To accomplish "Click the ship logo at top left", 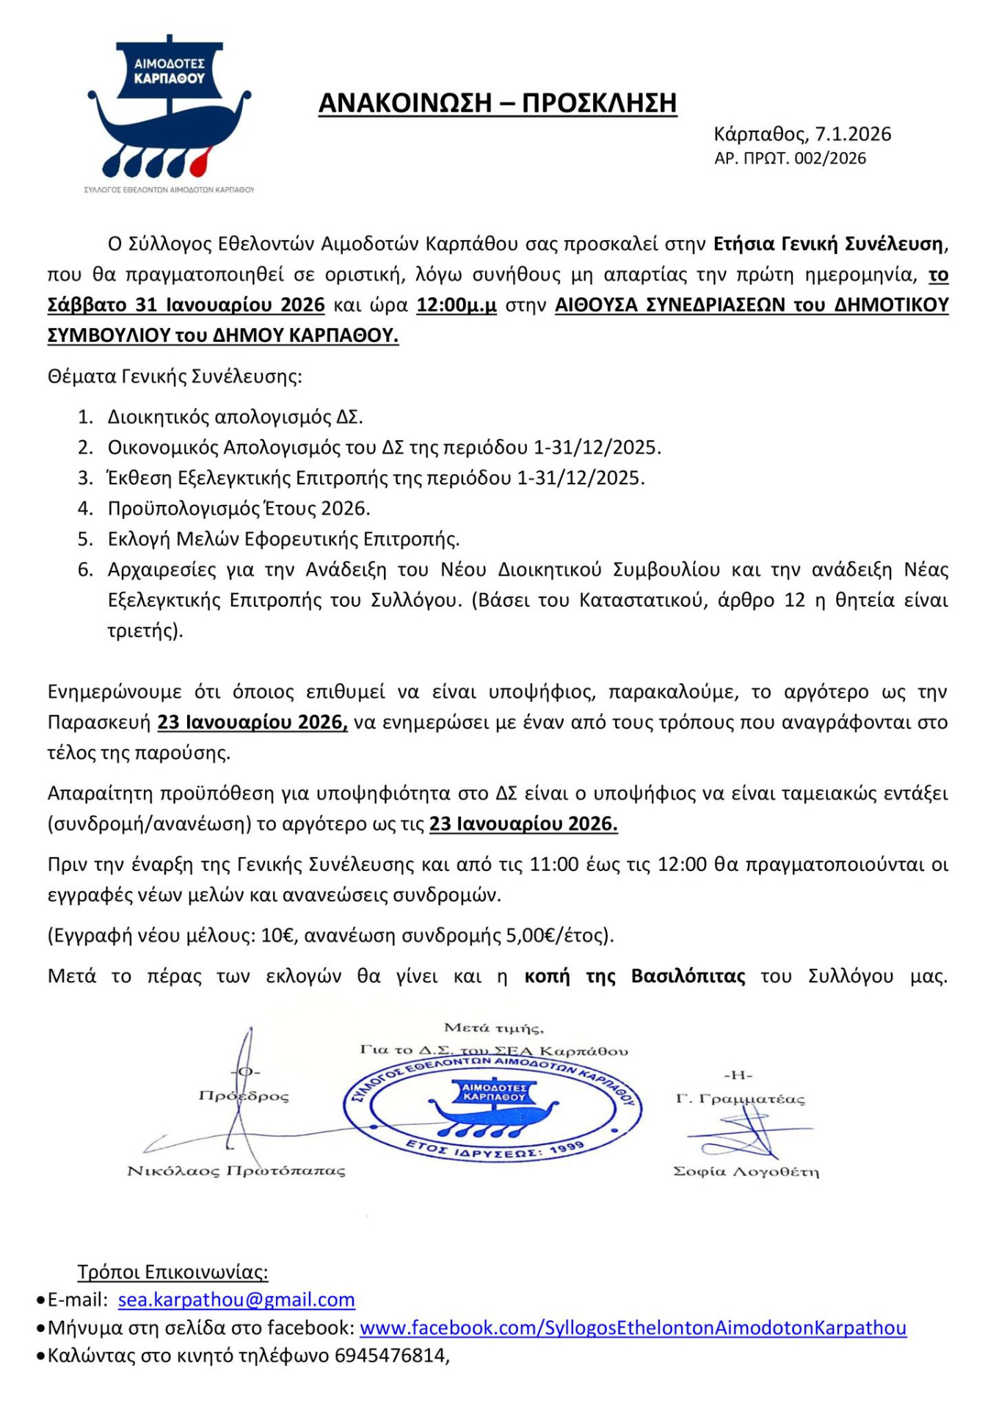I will (169, 110).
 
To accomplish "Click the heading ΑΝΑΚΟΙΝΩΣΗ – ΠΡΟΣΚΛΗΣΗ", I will (497, 103).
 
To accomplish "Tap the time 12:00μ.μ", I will (456, 305).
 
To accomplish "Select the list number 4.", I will (85, 509).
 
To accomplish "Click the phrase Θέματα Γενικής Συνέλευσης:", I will (175, 377).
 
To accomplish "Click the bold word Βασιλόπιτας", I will (688, 977).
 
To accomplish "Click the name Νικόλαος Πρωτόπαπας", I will (236, 1171).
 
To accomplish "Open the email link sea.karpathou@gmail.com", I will (236, 1300).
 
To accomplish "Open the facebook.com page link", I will (633, 1328).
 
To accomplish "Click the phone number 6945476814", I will (390, 1355).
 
